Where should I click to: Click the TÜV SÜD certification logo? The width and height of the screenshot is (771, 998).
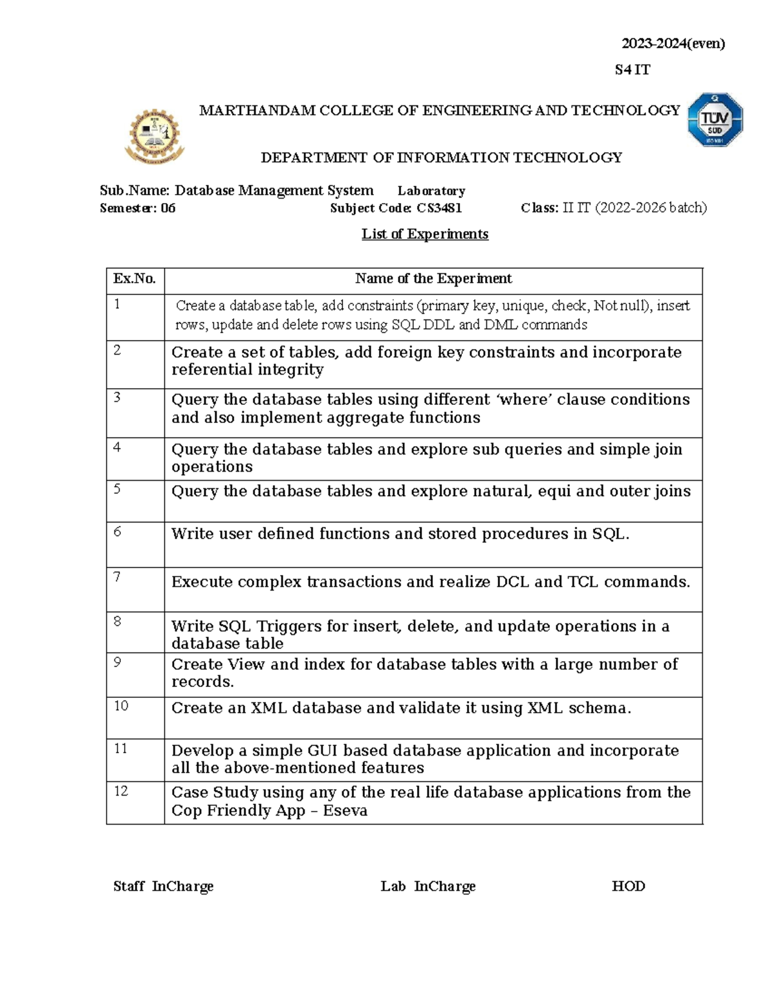pos(715,120)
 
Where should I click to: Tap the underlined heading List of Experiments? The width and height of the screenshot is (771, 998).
pos(425,234)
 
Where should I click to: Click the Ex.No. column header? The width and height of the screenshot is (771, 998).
pos(134,279)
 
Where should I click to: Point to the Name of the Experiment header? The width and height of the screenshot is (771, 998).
pos(433,279)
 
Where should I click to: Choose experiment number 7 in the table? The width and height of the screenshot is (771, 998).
pos(117,577)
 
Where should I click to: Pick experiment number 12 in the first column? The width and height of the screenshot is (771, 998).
pos(121,791)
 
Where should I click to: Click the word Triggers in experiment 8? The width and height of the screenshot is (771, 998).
pos(288,627)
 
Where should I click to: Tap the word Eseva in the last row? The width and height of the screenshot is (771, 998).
pos(345,811)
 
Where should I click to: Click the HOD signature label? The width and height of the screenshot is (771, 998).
pos(628,886)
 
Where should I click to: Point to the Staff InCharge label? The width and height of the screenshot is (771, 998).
pos(163,886)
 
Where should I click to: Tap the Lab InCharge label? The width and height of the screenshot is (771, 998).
pos(428,886)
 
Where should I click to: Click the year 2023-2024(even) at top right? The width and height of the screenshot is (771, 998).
pos(673,44)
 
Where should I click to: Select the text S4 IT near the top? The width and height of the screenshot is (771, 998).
pos(632,70)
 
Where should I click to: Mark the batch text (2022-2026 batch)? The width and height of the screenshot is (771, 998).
pos(650,208)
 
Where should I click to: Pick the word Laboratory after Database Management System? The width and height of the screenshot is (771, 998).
pos(431,191)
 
